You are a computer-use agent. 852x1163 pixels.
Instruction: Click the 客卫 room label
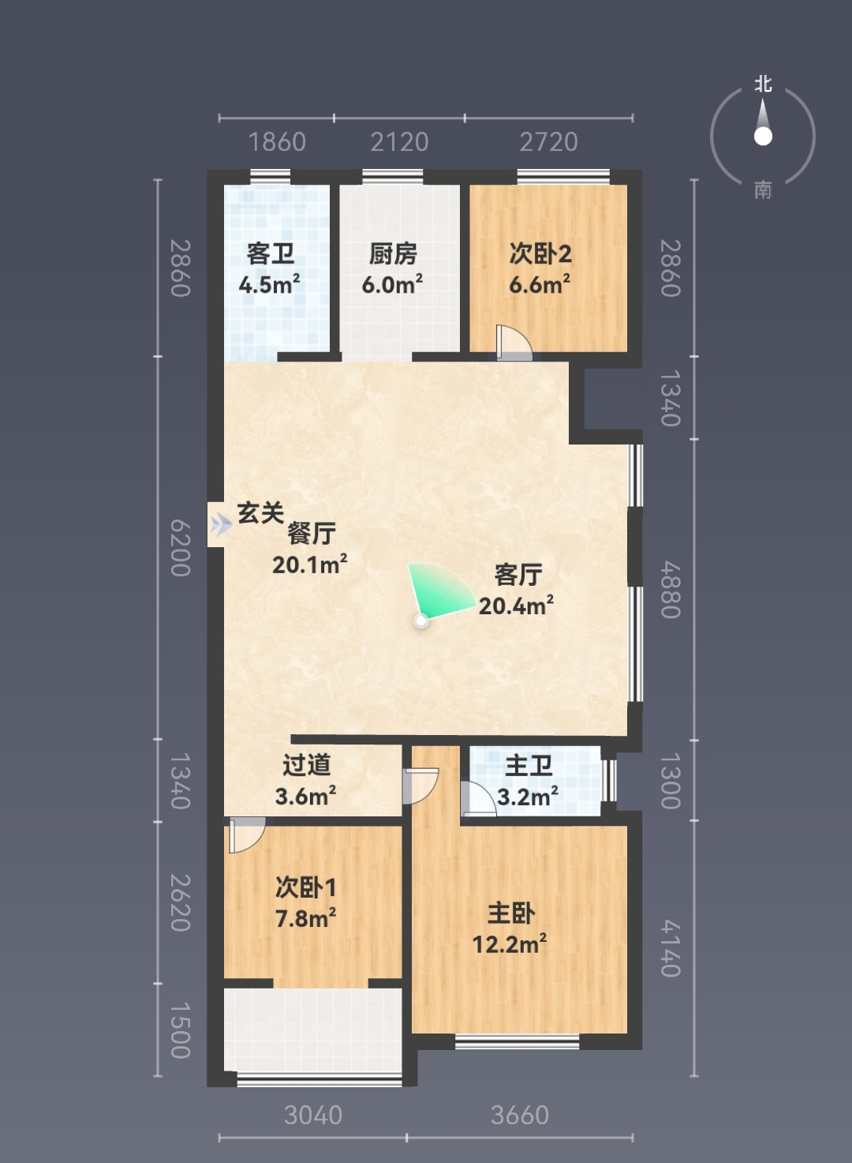pyautogui.click(x=271, y=254)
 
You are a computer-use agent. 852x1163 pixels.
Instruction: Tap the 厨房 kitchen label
pyautogui.click(x=394, y=254)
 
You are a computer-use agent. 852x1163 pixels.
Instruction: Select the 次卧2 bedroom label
pyautogui.click(x=540, y=254)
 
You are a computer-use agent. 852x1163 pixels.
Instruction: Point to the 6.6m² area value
pyautogui.click(x=540, y=284)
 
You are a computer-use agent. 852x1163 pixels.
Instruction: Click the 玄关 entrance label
pyautogui.click(x=260, y=513)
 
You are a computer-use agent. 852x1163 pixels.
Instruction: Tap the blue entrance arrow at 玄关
pyautogui.click(x=222, y=524)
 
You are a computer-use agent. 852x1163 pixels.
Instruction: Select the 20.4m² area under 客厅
pyautogui.click(x=516, y=606)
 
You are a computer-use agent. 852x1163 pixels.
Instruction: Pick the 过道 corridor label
pyautogui.click(x=307, y=765)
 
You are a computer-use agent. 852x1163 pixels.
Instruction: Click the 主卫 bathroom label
pyautogui.click(x=529, y=766)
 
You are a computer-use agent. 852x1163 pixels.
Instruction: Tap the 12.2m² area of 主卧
pyautogui.click(x=510, y=944)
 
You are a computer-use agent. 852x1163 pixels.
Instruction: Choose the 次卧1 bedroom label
pyautogui.click(x=305, y=887)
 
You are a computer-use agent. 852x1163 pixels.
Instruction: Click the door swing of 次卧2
pyautogui.click(x=514, y=343)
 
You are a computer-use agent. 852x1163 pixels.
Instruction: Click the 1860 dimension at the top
pyautogui.click(x=277, y=142)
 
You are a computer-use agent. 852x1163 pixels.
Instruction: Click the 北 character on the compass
pyautogui.click(x=763, y=84)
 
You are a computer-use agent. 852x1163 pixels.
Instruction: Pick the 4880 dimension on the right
pyautogui.click(x=671, y=589)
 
